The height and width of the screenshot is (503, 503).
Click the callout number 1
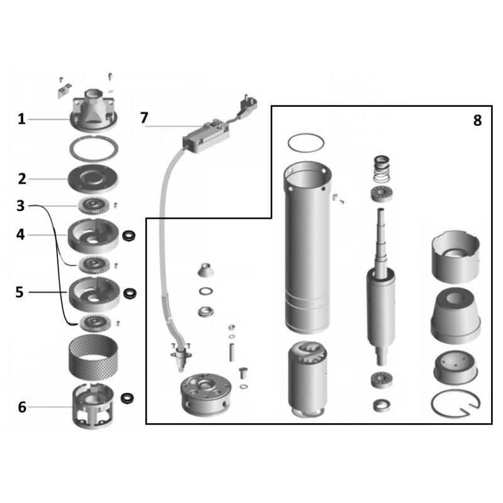(x=21, y=119)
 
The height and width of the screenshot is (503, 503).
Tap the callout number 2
(x=22, y=179)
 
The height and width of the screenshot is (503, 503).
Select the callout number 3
(x=21, y=206)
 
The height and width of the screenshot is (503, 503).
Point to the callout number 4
(x=21, y=235)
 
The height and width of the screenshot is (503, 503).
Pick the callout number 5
(x=19, y=292)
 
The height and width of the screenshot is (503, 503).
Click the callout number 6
(x=22, y=407)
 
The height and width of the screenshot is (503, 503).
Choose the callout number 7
(x=144, y=118)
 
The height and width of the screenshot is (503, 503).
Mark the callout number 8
(x=477, y=121)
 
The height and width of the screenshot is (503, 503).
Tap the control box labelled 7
(x=206, y=135)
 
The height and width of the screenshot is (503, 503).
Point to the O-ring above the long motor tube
(x=306, y=143)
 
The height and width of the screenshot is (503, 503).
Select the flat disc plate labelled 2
(x=93, y=179)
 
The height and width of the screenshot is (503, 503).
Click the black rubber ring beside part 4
(x=129, y=236)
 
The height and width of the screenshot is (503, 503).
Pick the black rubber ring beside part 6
(x=128, y=398)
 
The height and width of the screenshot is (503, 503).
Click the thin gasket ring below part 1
(x=94, y=148)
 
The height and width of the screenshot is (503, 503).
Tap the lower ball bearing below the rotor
(x=382, y=380)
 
